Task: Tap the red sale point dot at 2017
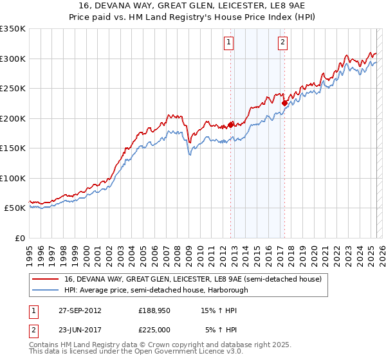pos(284,102)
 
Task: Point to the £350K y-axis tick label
pos(13,29)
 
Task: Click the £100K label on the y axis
pos(13,178)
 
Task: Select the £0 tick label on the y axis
pos(19,238)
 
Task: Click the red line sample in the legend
pos(46,279)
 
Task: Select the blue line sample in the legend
pos(46,290)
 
